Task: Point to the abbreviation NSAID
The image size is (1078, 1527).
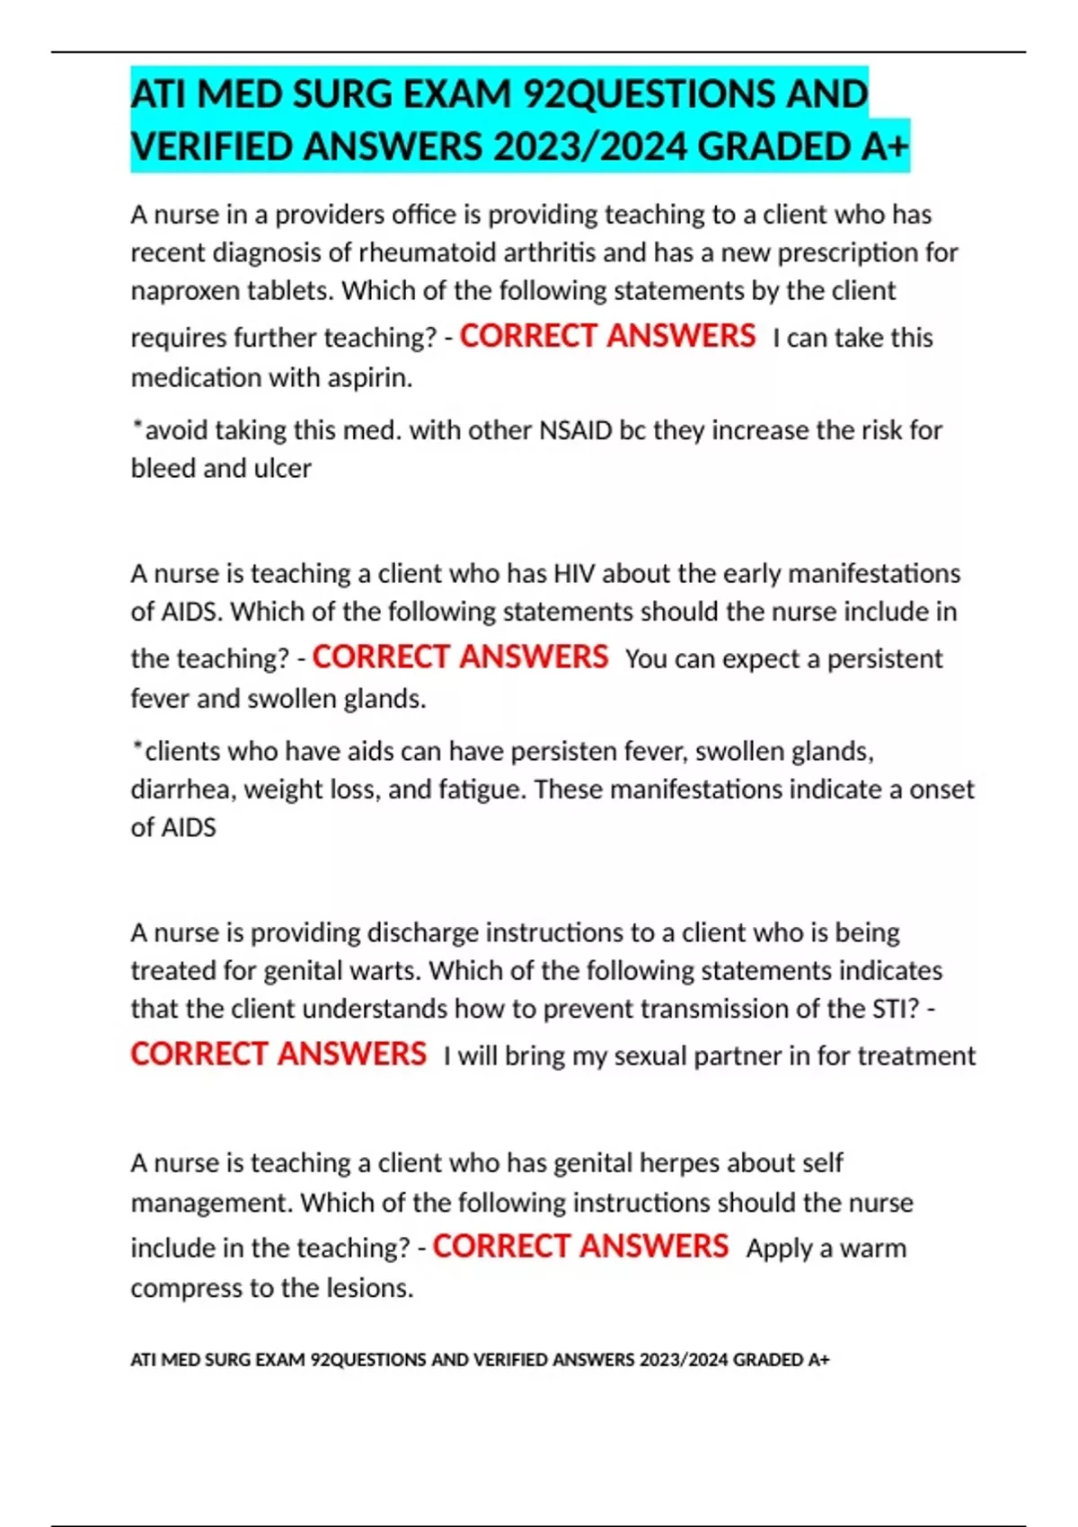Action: pos(575,430)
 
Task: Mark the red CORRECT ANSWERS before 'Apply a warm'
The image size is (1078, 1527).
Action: pos(580,1247)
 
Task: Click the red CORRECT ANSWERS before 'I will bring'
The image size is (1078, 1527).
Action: pos(278,1055)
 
